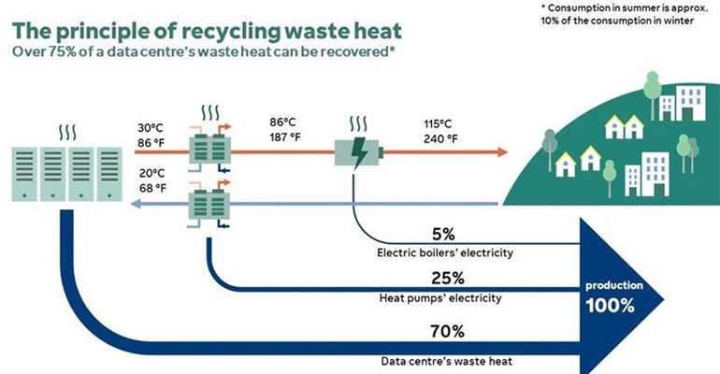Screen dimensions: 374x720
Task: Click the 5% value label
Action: (443, 233)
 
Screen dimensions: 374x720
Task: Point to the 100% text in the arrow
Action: (612, 306)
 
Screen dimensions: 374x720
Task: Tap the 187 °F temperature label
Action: (285, 137)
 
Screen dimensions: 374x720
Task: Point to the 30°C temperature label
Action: (153, 127)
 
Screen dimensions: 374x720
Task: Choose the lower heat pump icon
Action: (209, 203)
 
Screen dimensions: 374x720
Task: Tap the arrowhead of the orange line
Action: (502, 151)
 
